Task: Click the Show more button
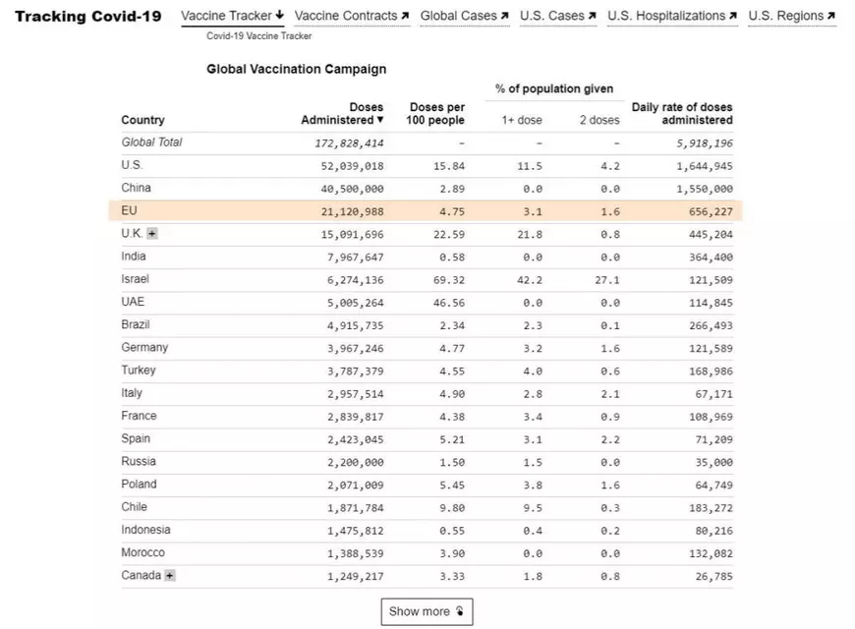pyautogui.click(x=427, y=611)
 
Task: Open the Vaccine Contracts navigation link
pyautogui.click(x=352, y=16)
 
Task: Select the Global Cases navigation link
pyautogui.click(x=464, y=16)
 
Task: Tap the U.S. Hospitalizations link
pyautogui.click(x=672, y=16)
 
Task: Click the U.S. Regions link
pyautogui.click(x=791, y=16)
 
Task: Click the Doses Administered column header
pyautogui.click(x=343, y=113)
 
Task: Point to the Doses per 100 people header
pyautogui.click(x=435, y=113)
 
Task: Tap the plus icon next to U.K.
pyautogui.click(x=152, y=234)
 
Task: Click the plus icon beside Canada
pyautogui.click(x=170, y=576)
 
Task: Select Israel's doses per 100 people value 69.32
pyautogui.click(x=449, y=280)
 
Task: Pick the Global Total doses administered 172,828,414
pyautogui.click(x=344, y=143)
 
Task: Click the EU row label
pyautogui.click(x=129, y=210)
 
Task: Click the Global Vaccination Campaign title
pyautogui.click(x=296, y=70)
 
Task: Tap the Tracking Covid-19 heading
pyautogui.click(x=88, y=17)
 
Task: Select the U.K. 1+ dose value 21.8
pyautogui.click(x=529, y=235)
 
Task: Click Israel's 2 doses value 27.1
pyautogui.click(x=609, y=280)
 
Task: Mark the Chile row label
pyautogui.click(x=135, y=507)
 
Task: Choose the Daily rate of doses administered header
pyautogui.click(x=682, y=113)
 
